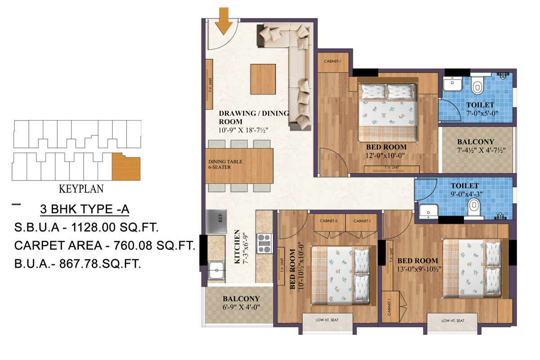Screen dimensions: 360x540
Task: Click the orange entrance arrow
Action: pyautogui.click(x=224, y=20)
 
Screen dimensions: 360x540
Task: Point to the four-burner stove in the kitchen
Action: pyautogui.click(x=264, y=243)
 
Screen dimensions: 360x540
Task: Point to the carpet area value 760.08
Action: pyautogui.click(x=152, y=246)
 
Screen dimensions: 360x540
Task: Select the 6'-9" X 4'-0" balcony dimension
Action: pyautogui.click(x=241, y=308)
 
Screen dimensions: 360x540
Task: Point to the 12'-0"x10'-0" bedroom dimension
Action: pyautogui.click(x=386, y=156)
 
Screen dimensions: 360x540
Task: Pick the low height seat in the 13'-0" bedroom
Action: pyautogui.click(x=452, y=321)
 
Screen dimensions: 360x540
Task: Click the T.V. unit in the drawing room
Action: pyautogui.click(x=210, y=84)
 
